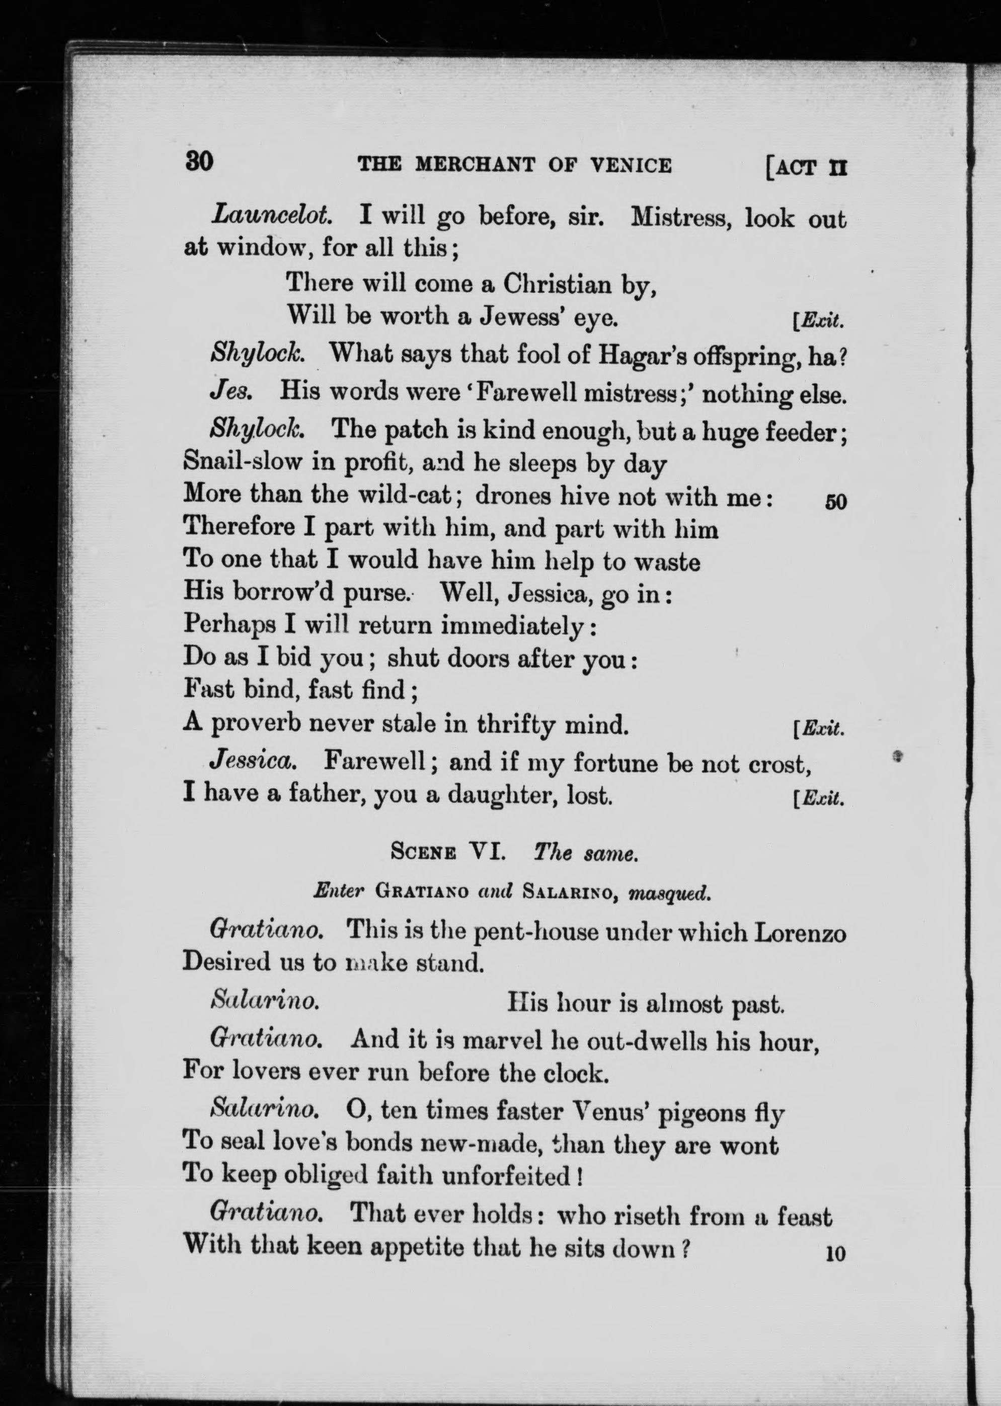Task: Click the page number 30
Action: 198,161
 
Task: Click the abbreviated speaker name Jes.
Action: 230,391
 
